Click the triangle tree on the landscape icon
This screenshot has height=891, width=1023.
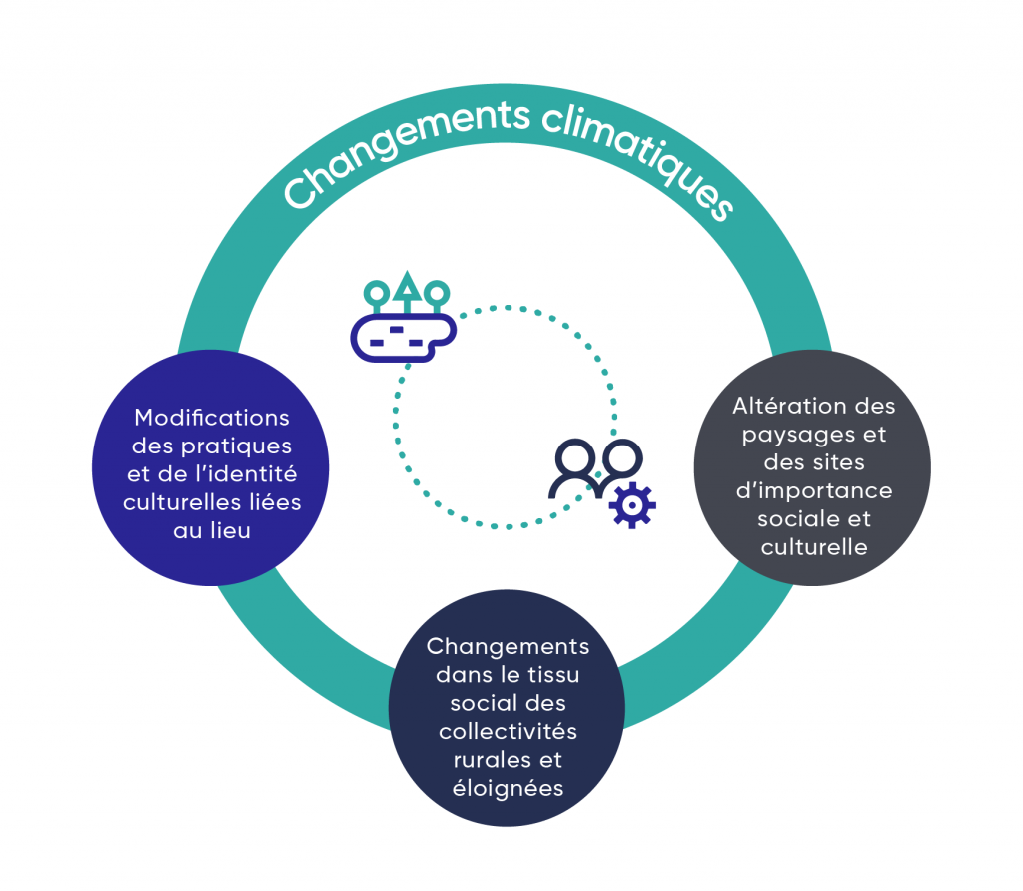(406, 288)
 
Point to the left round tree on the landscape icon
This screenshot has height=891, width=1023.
(376, 293)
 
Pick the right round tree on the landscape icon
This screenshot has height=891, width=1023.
(437, 293)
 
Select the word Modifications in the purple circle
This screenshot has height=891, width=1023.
(212, 417)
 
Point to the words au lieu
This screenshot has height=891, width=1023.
(212, 531)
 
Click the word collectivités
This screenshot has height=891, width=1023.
(508, 731)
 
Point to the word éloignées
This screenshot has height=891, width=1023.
(507, 788)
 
